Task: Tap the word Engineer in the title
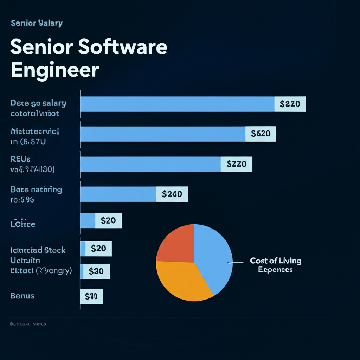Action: click(55, 70)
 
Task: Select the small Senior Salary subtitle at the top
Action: click(37, 23)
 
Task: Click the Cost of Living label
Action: click(276, 261)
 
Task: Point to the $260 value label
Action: click(172, 194)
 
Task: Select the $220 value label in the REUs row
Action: click(236, 164)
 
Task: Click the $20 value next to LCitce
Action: click(108, 220)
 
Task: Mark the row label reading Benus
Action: click(22, 296)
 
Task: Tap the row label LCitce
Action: click(23, 224)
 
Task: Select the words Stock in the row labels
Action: click(55, 250)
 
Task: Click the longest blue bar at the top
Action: click(178, 104)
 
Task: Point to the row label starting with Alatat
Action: click(35, 132)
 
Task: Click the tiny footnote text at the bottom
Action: click(28, 324)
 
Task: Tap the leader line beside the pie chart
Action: click(236, 262)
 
